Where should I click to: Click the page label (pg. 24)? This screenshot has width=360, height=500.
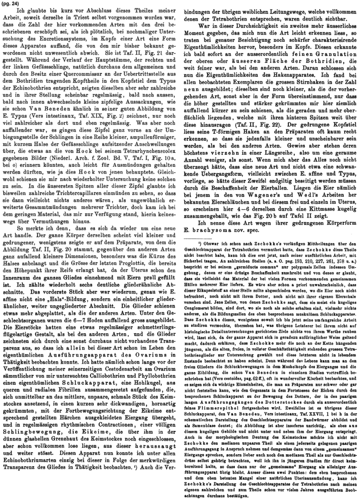[x=11, y=4]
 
